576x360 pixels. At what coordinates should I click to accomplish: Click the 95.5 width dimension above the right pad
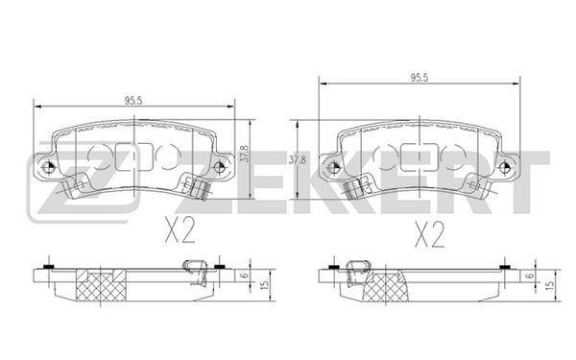[420, 78]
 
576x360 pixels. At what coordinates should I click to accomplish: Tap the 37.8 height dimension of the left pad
[245, 154]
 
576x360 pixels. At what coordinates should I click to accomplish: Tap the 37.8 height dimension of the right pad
[297, 160]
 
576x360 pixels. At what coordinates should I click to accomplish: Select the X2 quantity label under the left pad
[180, 229]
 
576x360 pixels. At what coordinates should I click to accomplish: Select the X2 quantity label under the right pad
[429, 234]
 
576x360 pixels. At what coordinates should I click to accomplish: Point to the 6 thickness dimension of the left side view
[245, 276]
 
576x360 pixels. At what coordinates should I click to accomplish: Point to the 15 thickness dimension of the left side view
[264, 285]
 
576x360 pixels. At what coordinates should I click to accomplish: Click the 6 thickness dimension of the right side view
[530, 276]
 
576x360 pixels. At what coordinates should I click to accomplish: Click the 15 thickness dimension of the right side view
[549, 285]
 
